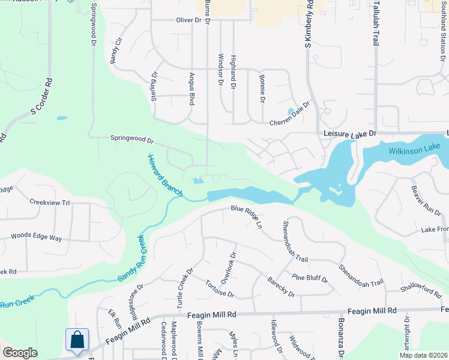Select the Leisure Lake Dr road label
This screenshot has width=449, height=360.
pyautogui.click(x=349, y=133)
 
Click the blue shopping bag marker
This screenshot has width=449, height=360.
pyautogui.click(x=77, y=340)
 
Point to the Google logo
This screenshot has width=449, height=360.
pyautogui.click(x=19, y=353)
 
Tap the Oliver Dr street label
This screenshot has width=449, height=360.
pyautogui.click(x=188, y=20)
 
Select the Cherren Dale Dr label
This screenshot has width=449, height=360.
pyautogui.click(x=289, y=113)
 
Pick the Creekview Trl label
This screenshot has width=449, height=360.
pyautogui.click(x=50, y=203)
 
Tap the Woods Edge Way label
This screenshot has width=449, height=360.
pyautogui.click(x=36, y=238)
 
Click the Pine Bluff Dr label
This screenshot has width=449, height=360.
pyautogui.click(x=310, y=279)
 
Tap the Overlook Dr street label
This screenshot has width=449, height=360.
pyautogui.click(x=226, y=267)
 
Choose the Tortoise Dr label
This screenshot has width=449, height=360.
pyautogui.click(x=218, y=289)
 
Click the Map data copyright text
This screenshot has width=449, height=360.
pyautogui.click(x=421, y=355)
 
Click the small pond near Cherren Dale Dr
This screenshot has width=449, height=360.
pyautogui.click(x=291, y=111)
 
